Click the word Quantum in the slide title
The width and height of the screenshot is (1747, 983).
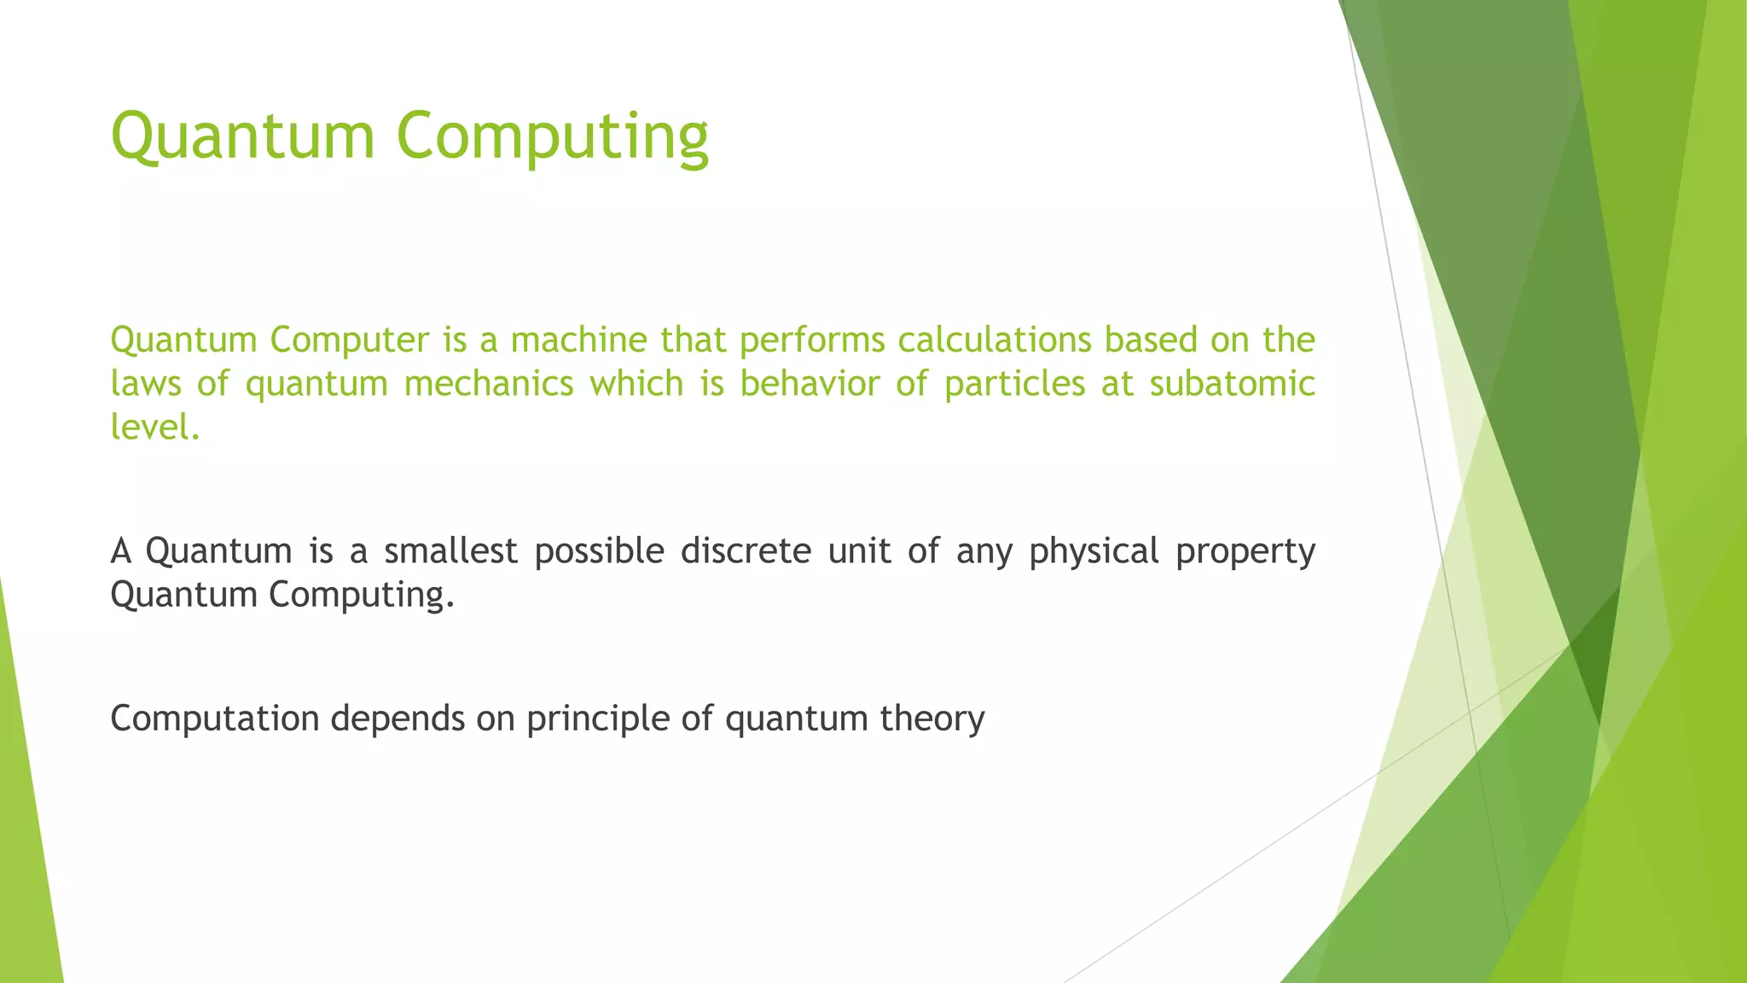coord(242,137)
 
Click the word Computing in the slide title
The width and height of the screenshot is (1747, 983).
coord(552,137)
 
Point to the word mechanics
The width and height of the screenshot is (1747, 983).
coord(489,383)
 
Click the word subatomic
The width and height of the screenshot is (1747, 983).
coord(1232,383)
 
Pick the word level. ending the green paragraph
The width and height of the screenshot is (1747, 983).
coord(154,427)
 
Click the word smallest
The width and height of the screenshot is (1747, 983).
coord(450,550)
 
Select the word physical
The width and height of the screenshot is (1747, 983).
coord(1094,552)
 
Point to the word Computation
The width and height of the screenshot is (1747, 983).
coord(215,718)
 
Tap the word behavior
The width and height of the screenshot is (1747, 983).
coord(810,383)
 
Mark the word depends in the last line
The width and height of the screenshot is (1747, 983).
coord(398,718)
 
